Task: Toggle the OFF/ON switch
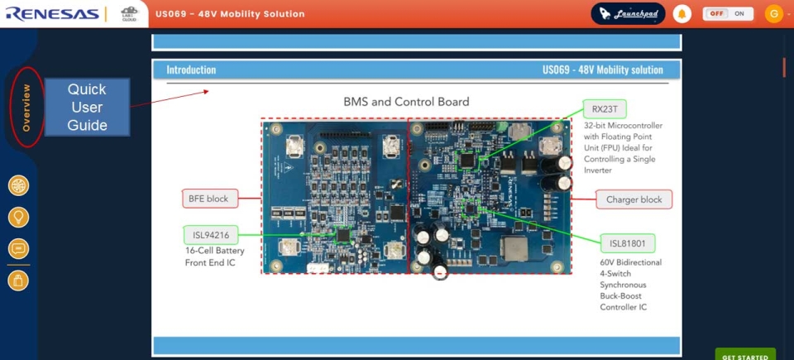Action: pyautogui.click(x=729, y=14)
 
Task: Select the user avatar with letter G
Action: pyautogui.click(x=773, y=14)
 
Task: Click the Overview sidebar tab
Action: pyautogui.click(x=26, y=108)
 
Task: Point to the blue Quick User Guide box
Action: pyautogui.click(x=88, y=108)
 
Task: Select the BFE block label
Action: pyautogui.click(x=209, y=199)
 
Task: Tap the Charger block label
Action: pyautogui.click(x=634, y=199)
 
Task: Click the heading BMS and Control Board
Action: pyautogui.click(x=406, y=102)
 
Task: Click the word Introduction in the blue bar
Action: pyautogui.click(x=191, y=70)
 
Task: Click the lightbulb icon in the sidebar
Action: pyautogui.click(x=18, y=218)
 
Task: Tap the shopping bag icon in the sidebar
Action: pyautogui.click(x=18, y=281)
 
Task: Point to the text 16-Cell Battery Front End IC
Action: pyautogui.click(x=214, y=257)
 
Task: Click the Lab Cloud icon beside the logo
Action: pyautogui.click(x=129, y=14)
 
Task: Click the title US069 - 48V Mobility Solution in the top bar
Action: pyautogui.click(x=230, y=14)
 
